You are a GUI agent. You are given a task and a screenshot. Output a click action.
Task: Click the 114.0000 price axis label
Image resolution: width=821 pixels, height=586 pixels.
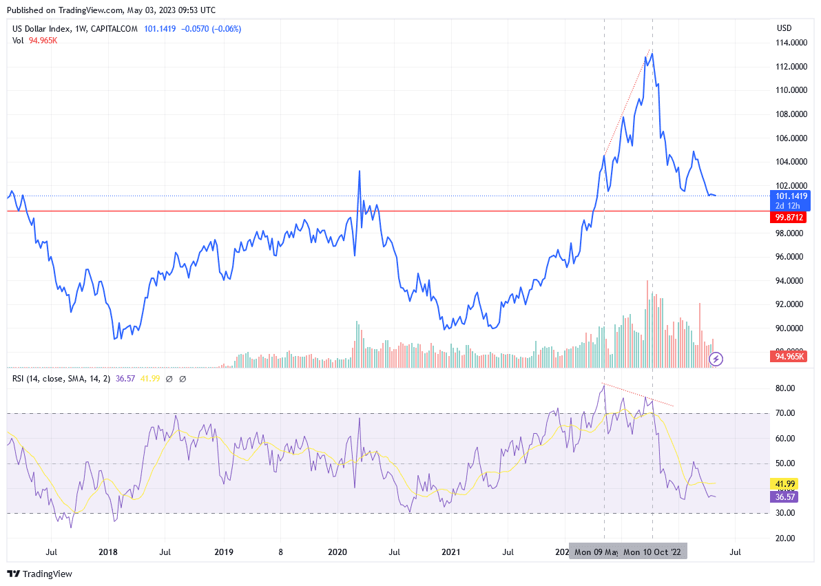792,43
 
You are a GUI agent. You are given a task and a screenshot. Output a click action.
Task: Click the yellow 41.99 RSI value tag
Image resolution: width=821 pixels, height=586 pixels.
786,484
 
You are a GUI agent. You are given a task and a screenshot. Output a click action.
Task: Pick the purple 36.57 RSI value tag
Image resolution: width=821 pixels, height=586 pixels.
786,496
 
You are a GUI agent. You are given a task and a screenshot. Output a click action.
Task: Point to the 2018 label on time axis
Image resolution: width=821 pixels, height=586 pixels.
109,552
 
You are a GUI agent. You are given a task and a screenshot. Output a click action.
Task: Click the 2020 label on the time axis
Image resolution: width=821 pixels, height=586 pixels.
337,552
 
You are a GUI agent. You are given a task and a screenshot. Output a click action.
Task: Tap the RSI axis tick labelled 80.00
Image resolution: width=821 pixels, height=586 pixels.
786,388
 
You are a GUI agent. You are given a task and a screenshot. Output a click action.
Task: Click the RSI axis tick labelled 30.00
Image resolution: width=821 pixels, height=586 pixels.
786,513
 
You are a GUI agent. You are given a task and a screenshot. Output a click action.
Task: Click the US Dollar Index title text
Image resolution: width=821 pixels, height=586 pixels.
41,29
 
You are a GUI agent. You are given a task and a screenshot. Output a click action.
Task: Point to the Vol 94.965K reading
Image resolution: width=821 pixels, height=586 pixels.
34,41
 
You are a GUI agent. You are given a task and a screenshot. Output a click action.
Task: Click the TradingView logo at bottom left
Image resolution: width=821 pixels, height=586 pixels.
40,574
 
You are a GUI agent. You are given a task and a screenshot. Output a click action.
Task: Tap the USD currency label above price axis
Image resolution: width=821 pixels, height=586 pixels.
784,28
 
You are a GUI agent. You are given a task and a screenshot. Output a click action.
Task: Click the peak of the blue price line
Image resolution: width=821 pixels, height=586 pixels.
652,52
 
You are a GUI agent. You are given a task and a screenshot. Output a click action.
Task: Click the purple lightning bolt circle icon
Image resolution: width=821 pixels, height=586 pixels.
716,358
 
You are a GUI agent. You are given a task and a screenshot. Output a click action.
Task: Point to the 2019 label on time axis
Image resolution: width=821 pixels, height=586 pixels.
223,552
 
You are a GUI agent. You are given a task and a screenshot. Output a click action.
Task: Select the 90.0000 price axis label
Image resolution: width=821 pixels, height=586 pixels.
792,328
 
